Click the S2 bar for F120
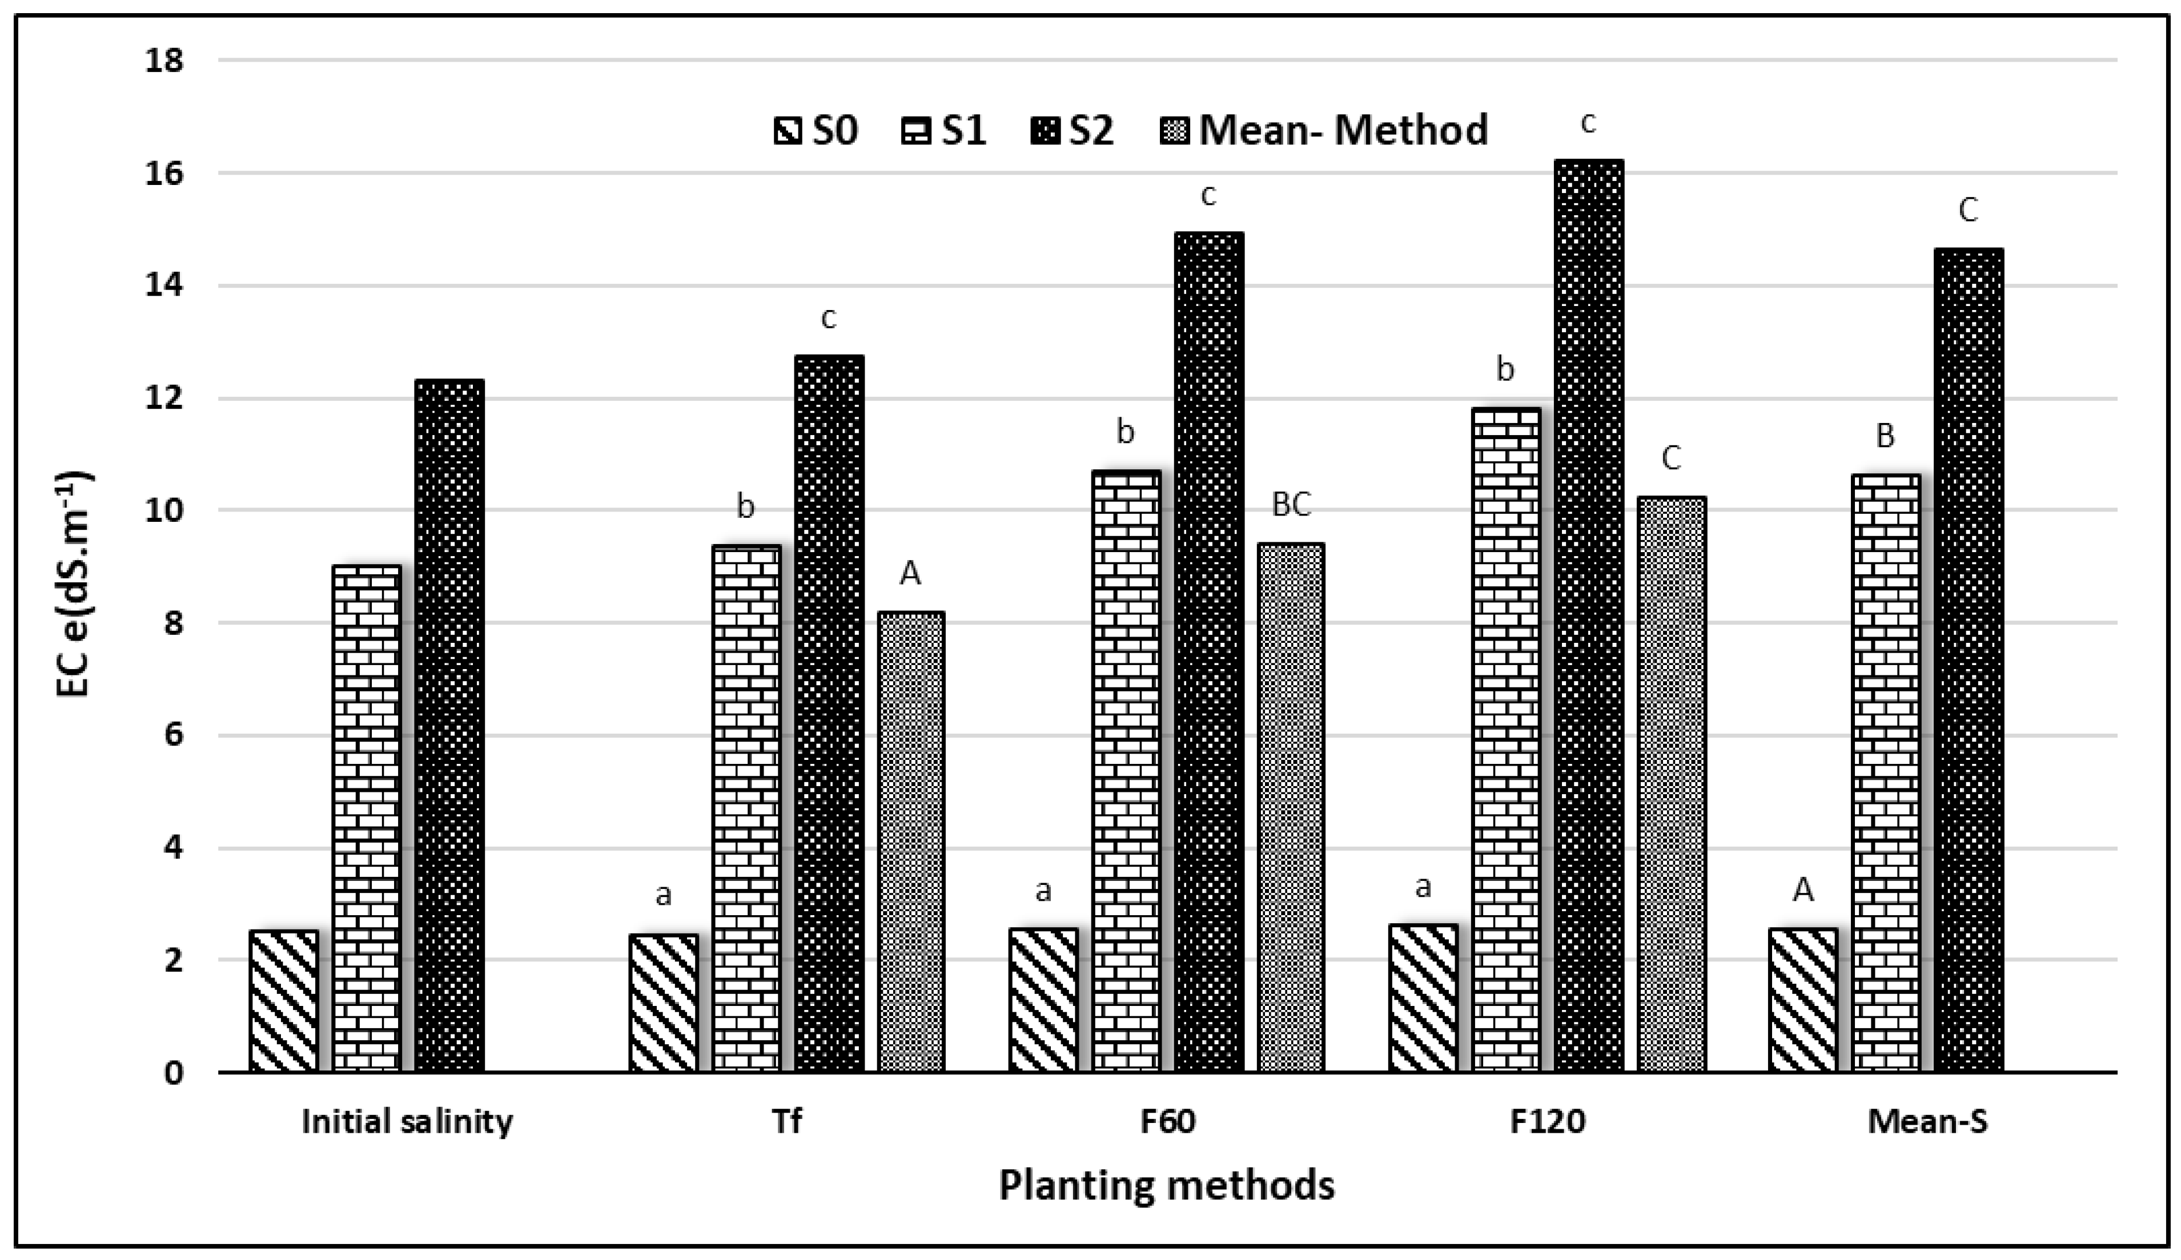click(x=1588, y=616)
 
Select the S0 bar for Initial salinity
click(x=283, y=1001)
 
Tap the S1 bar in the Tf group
click(x=746, y=809)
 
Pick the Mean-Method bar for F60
click(x=1291, y=808)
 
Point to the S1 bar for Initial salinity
click(x=367, y=819)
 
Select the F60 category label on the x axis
click(x=1167, y=1121)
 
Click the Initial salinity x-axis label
click(x=407, y=1121)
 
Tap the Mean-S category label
click(x=1927, y=1121)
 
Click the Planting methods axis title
click(x=1167, y=1185)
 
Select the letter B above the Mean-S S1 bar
click(x=1885, y=437)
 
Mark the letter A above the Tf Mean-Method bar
click(x=910, y=573)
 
